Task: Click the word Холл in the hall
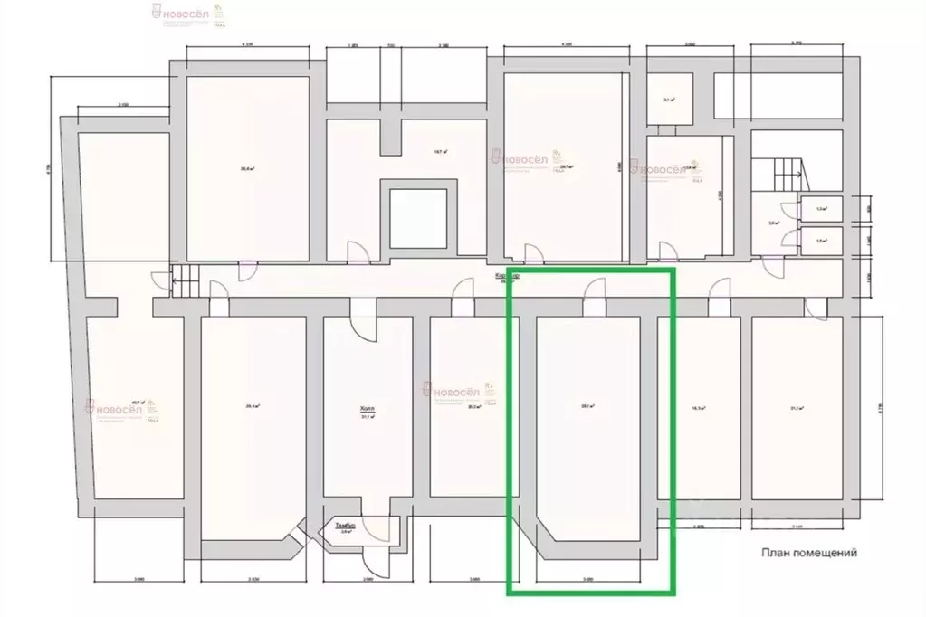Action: pos(367,409)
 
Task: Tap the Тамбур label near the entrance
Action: pos(344,526)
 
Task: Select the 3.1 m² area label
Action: pos(670,100)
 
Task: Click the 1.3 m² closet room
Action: pos(822,208)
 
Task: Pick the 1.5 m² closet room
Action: pos(822,241)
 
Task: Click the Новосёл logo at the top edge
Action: pos(185,12)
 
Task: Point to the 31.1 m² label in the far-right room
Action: pos(797,408)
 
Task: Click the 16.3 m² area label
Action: pos(697,408)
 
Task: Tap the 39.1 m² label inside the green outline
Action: pos(587,406)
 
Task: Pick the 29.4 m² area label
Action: pos(252,406)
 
